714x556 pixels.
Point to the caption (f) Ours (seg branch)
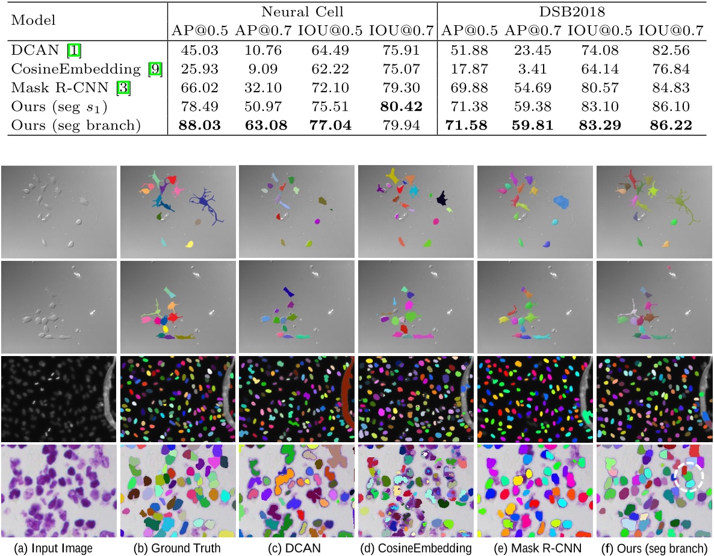pyautogui.click(x=654, y=548)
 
